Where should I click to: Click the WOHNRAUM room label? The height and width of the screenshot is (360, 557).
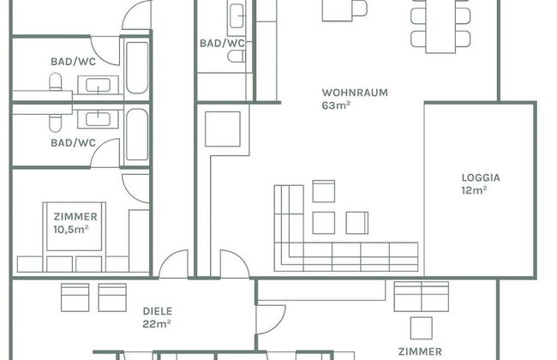click(355, 93)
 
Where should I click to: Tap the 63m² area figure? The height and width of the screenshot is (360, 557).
click(336, 105)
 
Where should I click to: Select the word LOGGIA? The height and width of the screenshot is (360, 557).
click(481, 177)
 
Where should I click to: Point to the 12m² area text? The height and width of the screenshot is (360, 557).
click(474, 190)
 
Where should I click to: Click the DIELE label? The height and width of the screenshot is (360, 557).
click(158, 311)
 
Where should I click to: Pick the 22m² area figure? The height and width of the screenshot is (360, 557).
click(157, 324)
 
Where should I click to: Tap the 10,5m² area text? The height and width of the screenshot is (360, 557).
click(70, 230)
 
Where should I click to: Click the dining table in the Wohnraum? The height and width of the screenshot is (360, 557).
click(440, 27)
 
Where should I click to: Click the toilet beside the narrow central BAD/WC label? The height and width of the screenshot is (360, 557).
click(237, 57)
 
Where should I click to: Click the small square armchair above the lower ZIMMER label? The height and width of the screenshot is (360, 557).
click(422, 328)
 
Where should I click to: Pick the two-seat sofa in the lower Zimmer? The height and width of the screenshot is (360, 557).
click(422, 297)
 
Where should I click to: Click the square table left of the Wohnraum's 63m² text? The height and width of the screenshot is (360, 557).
click(223, 129)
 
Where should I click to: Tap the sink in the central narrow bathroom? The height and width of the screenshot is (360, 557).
click(237, 16)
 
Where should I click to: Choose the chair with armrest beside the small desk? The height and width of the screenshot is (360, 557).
click(360, 9)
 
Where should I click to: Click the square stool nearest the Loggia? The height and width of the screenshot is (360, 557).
click(357, 223)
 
